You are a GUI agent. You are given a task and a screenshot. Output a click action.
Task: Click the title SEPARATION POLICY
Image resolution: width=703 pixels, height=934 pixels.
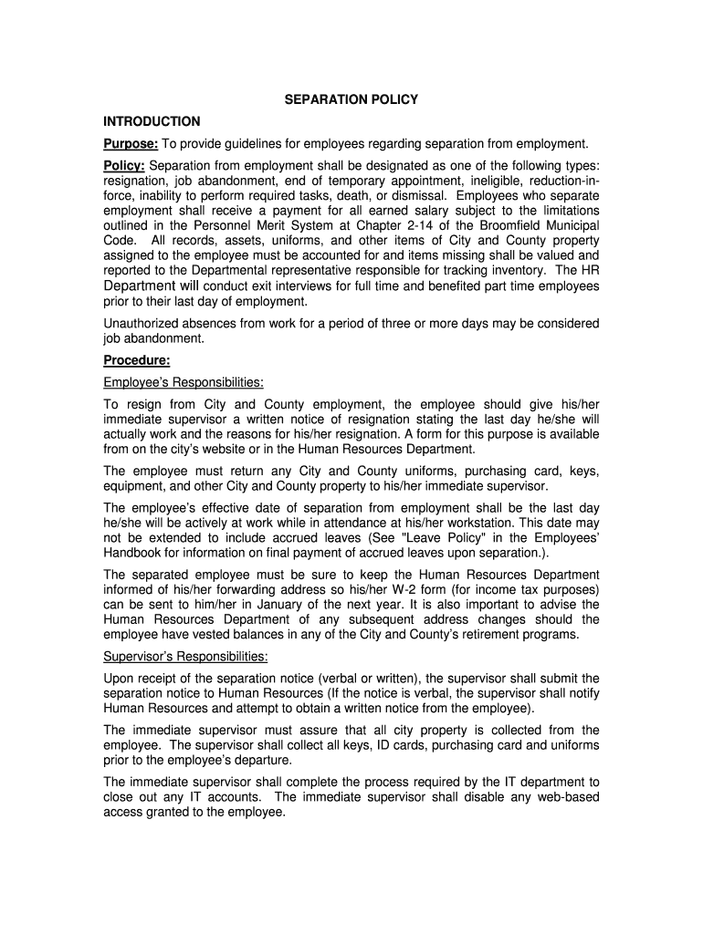pos(351,99)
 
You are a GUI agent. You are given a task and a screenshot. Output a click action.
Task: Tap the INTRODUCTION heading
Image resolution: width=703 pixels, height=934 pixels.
pos(152,121)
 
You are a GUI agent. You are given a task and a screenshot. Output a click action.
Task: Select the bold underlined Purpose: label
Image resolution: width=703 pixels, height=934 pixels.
pos(131,143)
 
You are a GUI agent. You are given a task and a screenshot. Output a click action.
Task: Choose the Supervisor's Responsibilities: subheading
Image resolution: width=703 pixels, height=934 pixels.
pos(185,656)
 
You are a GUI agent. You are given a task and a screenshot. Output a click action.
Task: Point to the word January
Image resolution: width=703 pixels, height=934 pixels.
pos(280,603)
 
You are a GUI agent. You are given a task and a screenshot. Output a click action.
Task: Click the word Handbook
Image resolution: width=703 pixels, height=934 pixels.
pos(134,553)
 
